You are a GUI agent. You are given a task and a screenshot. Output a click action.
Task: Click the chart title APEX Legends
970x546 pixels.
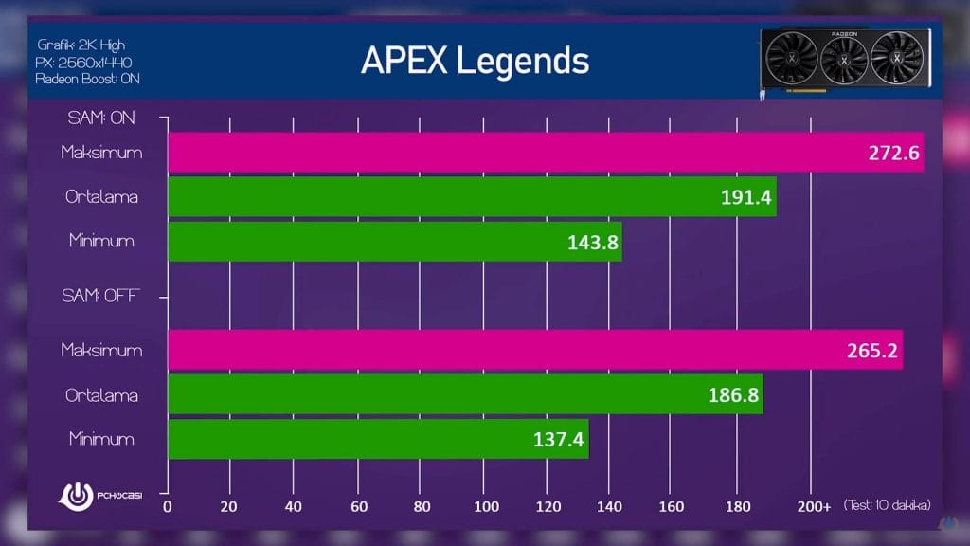click(475, 61)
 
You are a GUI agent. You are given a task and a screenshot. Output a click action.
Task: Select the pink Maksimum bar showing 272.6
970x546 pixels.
click(545, 153)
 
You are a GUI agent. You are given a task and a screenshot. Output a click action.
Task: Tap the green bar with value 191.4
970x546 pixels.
click(472, 197)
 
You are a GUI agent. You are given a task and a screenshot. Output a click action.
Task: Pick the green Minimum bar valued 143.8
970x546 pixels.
click(394, 241)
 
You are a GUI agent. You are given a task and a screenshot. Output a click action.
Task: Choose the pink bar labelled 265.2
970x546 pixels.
click(535, 350)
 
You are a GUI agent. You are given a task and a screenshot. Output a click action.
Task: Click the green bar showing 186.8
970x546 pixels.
click(465, 394)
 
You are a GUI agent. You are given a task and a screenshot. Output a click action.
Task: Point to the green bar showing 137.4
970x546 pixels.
click(378, 439)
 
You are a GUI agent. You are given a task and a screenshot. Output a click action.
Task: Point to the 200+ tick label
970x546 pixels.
click(814, 506)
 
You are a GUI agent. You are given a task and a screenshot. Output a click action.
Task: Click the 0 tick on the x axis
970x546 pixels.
click(168, 506)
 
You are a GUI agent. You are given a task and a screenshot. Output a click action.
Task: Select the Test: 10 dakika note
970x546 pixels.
click(886, 505)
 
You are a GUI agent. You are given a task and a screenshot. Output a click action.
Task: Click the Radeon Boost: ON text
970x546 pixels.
click(87, 79)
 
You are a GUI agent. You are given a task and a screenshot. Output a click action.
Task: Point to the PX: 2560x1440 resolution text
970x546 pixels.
click(84, 62)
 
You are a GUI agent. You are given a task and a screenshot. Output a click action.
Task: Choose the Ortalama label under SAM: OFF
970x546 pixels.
click(99, 394)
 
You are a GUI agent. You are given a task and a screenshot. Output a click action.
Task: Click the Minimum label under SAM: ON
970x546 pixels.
click(101, 241)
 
